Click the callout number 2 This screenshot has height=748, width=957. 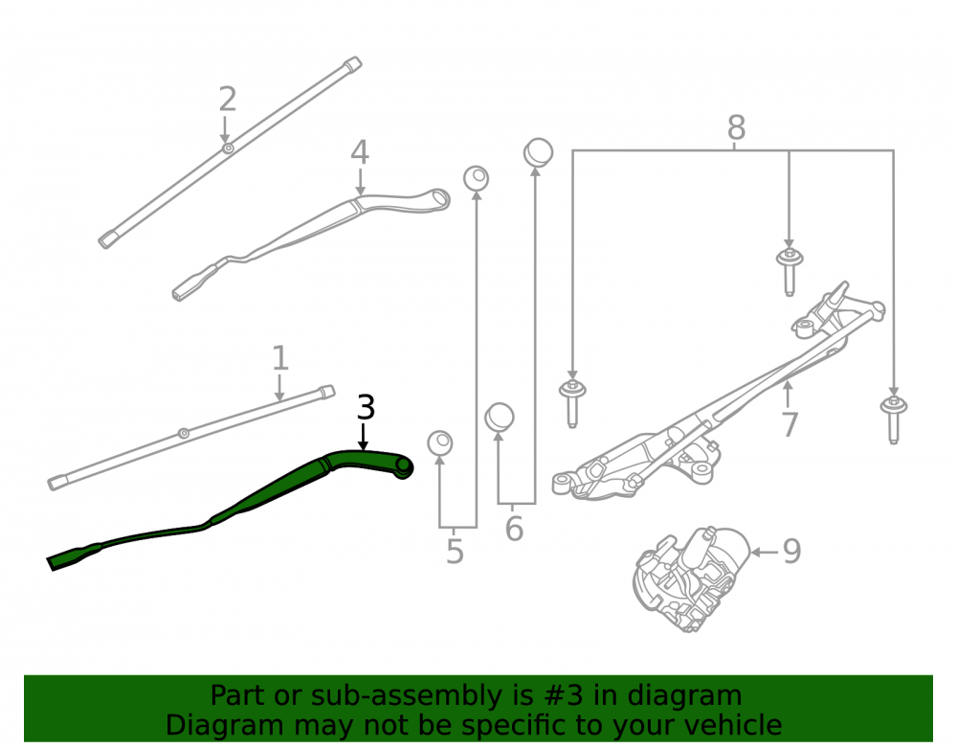pos(228,100)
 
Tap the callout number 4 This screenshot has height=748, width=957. pos(360,152)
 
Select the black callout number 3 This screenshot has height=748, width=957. pos(365,407)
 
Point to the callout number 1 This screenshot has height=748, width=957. pos(279,358)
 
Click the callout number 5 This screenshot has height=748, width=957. pos(455,552)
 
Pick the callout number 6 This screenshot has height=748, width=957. pos(514,529)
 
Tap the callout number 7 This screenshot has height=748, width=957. pos(790,425)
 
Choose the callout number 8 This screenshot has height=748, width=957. pos(737,128)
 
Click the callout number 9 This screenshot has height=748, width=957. pos(791,552)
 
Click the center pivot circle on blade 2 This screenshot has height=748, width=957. pos(228,148)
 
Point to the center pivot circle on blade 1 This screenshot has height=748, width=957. pos(183,434)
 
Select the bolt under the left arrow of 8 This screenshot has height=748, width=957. pos(572,402)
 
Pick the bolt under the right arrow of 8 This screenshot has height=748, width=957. pos(894,419)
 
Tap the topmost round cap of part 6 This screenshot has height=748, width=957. pos(538,152)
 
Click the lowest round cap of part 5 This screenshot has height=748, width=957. pos(439,443)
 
